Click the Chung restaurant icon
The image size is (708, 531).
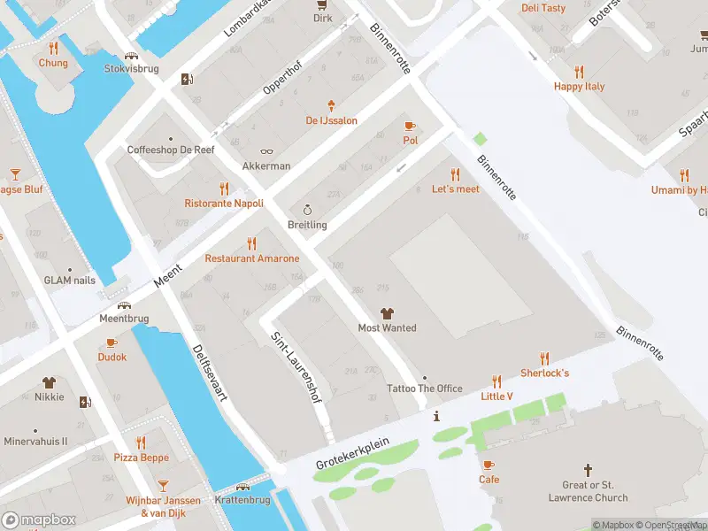pos(53,48)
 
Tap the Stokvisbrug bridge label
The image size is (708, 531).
pos(132,68)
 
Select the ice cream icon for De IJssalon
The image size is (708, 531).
pos(332,104)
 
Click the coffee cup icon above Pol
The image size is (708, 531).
pos(410,126)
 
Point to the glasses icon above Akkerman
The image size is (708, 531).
pos(266,151)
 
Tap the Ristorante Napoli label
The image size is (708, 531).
pos(224,204)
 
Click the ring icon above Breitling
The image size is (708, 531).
pos(307,210)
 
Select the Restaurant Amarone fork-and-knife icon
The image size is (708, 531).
pos(252,243)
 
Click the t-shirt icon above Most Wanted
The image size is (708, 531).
pos(387,312)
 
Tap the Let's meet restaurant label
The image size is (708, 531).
pos(455,189)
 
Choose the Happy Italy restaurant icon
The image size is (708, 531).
pos(580,72)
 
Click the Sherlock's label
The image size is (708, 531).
pos(544,373)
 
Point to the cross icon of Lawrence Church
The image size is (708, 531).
pos(588,470)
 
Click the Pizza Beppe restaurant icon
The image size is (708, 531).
pos(141,442)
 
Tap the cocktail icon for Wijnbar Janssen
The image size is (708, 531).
pos(163,486)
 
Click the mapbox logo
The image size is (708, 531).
pos(39,519)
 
